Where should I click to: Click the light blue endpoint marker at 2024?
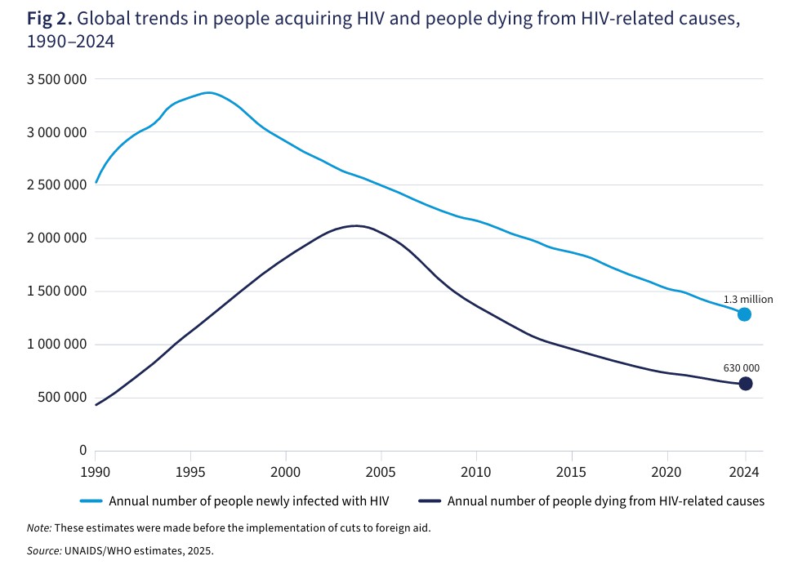[x=744, y=314]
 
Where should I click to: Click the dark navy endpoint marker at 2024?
[x=745, y=384]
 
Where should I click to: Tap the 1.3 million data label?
[x=747, y=300]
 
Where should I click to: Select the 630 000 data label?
[x=742, y=368]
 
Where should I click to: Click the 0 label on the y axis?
[x=82, y=451]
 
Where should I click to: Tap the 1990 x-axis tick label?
[x=96, y=471]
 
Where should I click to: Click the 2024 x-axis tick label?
[x=744, y=471]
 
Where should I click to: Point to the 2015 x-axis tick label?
[x=572, y=471]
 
